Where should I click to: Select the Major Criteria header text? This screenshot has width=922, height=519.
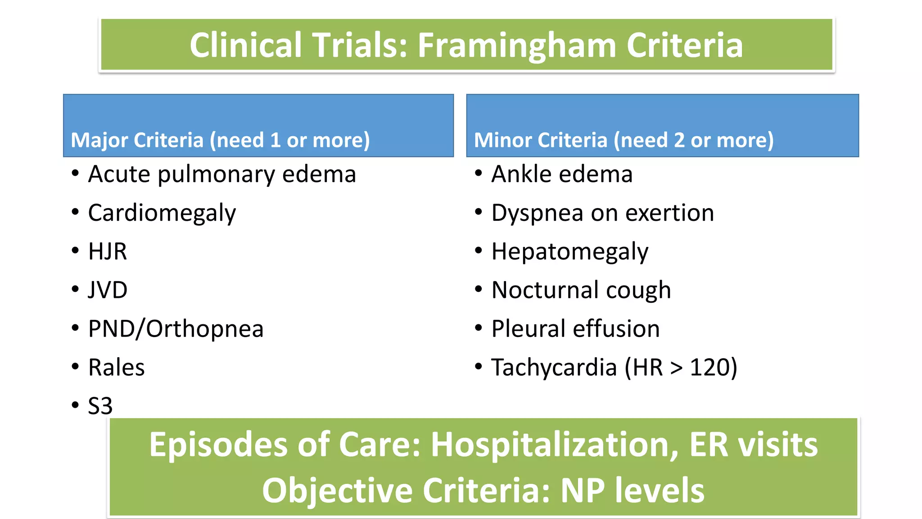[x=220, y=140]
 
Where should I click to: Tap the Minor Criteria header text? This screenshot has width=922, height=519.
[x=624, y=140]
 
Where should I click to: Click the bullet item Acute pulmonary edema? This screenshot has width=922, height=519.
[x=222, y=174]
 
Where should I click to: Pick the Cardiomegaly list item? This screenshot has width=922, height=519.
[x=162, y=213]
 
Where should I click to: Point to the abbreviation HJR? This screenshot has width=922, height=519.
[x=107, y=251]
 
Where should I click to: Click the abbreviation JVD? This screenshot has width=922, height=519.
[x=108, y=290]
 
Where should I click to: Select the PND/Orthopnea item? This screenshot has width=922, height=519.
[x=176, y=329]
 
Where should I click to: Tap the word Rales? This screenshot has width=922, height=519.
[x=116, y=368]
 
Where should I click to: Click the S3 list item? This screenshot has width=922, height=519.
[x=100, y=406]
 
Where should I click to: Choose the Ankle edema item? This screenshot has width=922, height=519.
[x=562, y=174]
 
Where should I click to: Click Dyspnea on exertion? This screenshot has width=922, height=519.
[x=602, y=213]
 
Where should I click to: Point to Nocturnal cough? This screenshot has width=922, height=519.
[x=581, y=290]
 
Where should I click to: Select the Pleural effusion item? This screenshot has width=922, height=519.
[x=575, y=329]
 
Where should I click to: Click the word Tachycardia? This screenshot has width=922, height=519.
[x=554, y=368]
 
